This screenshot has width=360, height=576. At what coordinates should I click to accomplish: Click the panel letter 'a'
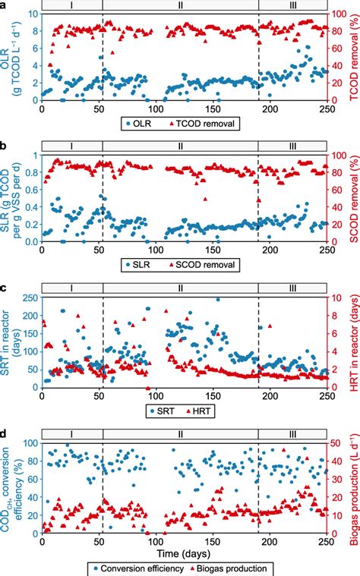click(x=5, y=5)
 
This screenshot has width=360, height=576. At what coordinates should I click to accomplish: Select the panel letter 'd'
click(x=5, y=433)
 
